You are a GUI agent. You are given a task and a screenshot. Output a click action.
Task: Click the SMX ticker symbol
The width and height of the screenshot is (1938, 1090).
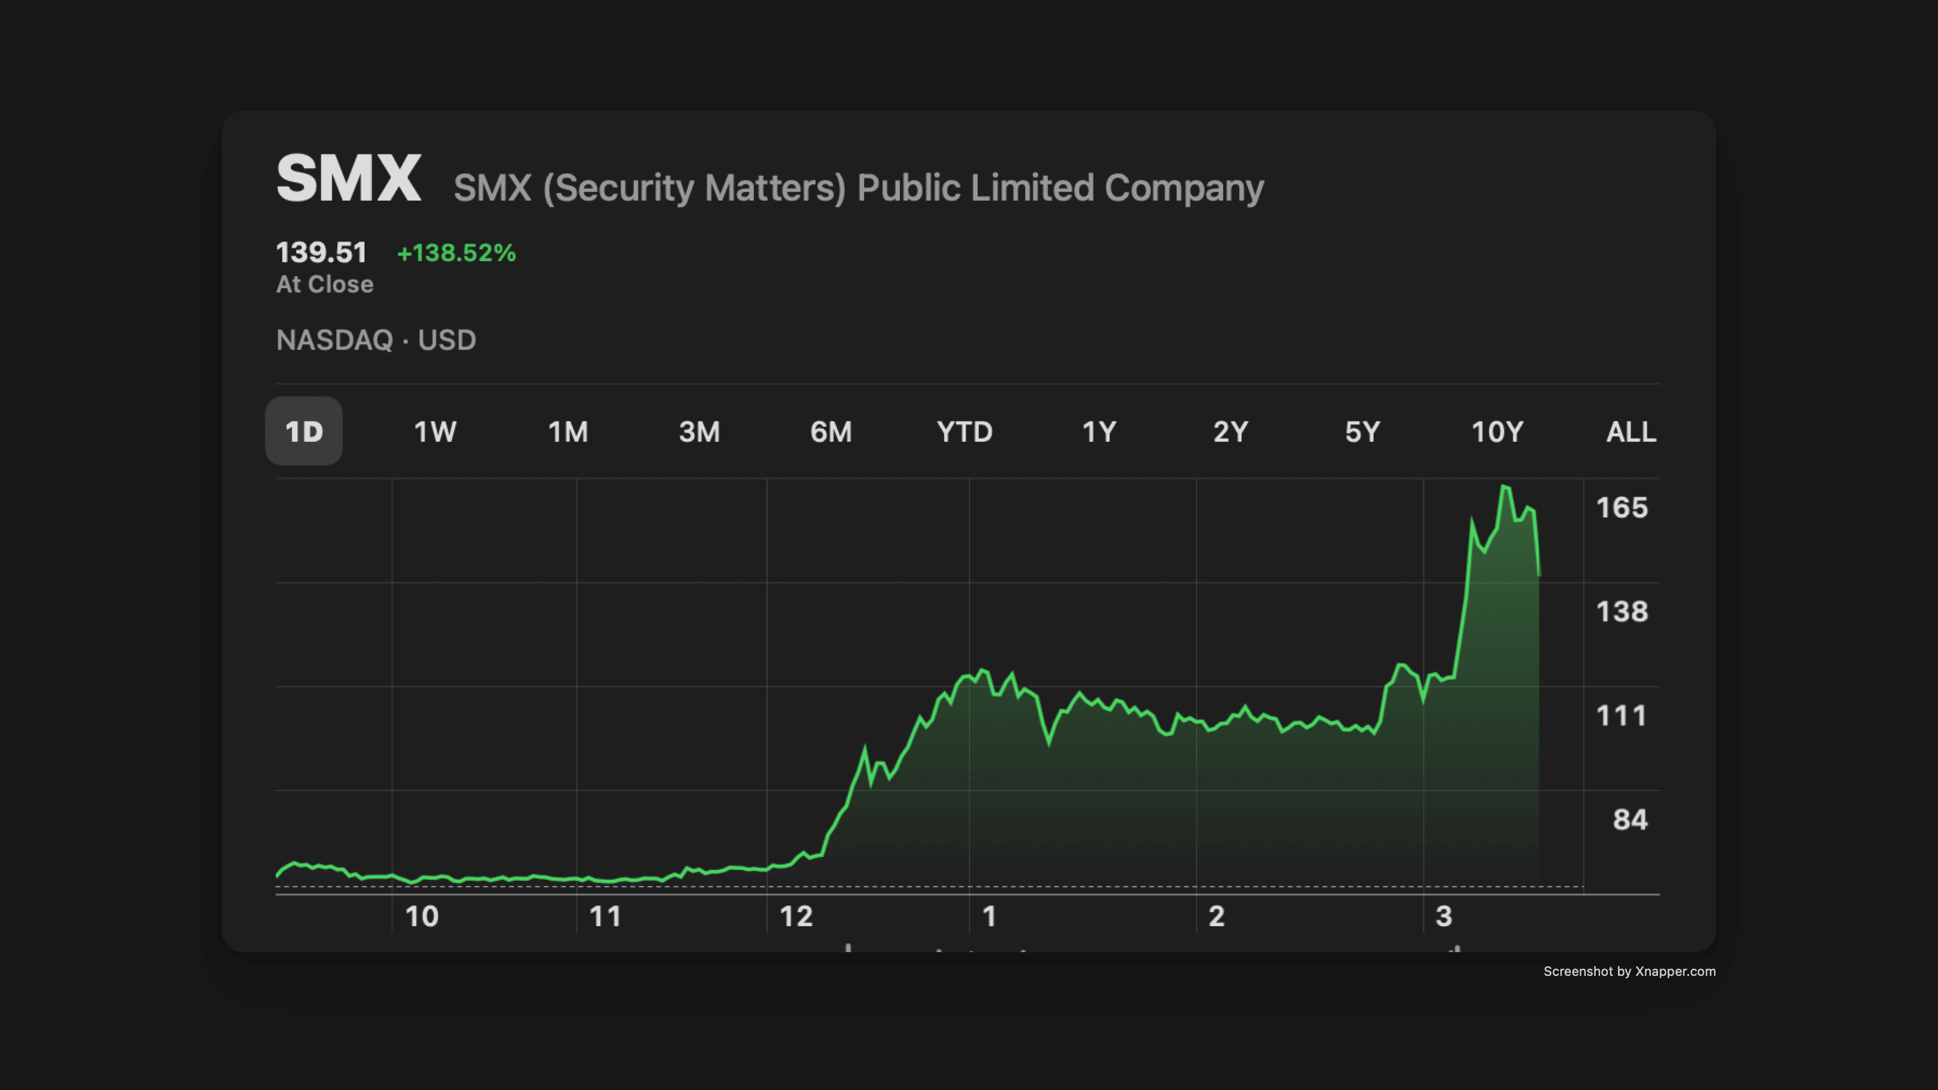coord(348,178)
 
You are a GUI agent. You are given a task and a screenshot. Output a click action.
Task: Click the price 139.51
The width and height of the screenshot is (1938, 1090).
coord(321,252)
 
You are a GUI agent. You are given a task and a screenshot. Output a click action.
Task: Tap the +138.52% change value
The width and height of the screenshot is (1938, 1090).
coord(456,252)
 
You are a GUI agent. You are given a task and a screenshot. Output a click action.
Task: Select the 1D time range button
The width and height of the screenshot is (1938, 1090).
coord(304,432)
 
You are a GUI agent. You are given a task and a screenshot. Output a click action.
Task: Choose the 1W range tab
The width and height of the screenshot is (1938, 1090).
coord(435,432)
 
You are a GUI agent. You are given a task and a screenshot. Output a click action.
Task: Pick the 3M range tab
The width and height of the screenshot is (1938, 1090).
coord(699,432)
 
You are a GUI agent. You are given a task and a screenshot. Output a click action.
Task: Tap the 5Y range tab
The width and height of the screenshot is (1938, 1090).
coord(1362,432)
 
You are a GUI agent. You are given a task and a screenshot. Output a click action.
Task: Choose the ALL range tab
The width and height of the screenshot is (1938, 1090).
coord(1631,432)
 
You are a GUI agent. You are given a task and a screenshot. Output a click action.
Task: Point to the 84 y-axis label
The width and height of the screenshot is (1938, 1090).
coord(1630,819)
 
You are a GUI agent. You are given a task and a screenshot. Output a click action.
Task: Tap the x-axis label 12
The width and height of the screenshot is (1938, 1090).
coord(796,916)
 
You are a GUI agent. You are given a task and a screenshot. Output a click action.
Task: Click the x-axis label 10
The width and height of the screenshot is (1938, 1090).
coord(421,916)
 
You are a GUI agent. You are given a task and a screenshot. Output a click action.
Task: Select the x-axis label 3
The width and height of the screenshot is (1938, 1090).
coord(1443,916)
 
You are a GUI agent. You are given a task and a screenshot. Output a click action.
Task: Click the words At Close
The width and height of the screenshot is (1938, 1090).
coord(324,284)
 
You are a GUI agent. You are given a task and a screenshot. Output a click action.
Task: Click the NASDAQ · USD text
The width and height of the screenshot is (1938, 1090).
coord(375,340)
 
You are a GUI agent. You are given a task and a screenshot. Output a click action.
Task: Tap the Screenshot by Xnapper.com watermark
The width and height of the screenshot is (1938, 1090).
coord(1629,971)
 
